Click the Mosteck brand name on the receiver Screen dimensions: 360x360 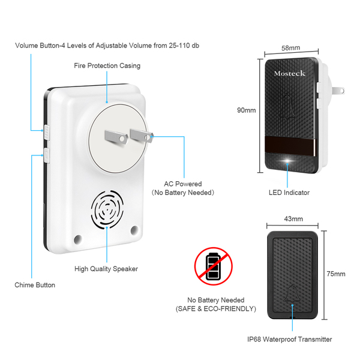click(x=290, y=74)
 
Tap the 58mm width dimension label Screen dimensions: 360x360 click(x=290, y=47)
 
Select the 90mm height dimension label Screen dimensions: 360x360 click(x=247, y=110)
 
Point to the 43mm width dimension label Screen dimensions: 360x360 click(x=293, y=220)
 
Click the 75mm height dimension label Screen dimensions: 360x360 click(x=335, y=274)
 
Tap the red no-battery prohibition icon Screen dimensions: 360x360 click(x=212, y=268)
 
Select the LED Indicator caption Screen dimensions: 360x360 click(x=289, y=193)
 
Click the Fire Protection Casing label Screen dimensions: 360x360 click(x=107, y=65)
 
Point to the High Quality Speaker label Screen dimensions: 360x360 click(x=106, y=269)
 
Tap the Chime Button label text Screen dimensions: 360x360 click(x=35, y=285)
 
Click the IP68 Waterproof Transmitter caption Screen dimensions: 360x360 click(x=289, y=340)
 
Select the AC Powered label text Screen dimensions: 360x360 click(x=183, y=184)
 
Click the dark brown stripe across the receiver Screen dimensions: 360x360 click(x=290, y=145)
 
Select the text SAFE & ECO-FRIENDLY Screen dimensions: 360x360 click(x=216, y=308)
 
